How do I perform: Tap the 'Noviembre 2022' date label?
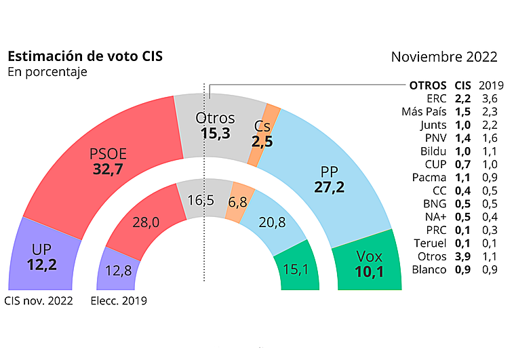point(444,57)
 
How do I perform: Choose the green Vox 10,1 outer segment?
point(370,264)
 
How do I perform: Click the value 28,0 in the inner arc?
point(145,223)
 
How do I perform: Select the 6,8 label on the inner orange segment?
point(237,202)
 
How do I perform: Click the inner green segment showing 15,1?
point(295,270)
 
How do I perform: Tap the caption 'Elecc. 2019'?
point(118,300)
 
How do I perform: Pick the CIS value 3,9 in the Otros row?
point(462,256)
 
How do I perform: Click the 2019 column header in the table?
point(491,85)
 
